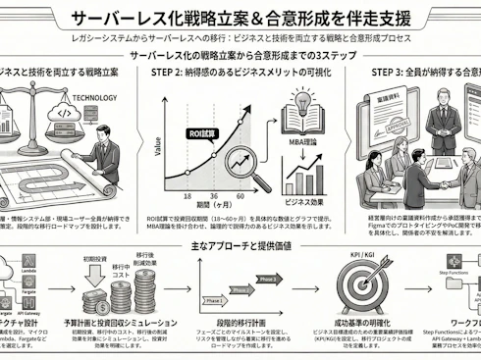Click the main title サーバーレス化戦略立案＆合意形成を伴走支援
(x=240, y=18)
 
